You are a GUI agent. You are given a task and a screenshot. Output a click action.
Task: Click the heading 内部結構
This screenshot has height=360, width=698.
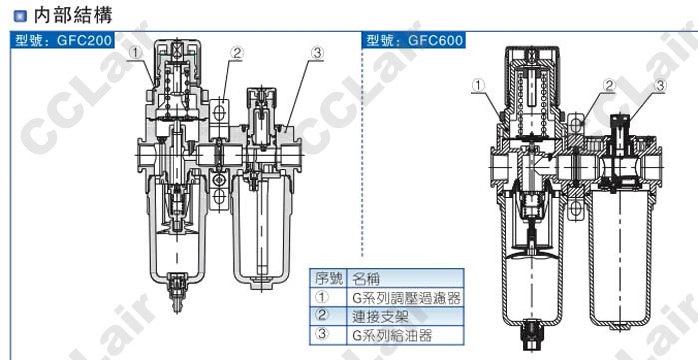[73, 15]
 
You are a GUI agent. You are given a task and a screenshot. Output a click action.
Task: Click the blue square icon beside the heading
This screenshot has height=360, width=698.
[20, 16]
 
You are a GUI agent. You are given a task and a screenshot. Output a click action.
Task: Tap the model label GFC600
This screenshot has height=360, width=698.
[436, 41]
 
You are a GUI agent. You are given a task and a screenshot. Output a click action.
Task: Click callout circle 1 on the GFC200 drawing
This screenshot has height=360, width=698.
[136, 53]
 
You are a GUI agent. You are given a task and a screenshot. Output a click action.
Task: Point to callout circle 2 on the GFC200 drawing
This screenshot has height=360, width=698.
[237, 53]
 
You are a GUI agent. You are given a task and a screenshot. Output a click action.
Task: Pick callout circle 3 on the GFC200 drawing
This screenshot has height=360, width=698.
[317, 53]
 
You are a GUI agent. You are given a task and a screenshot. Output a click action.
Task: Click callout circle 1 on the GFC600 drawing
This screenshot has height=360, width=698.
[478, 86]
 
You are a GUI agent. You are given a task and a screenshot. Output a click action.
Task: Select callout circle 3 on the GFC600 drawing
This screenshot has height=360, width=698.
[660, 86]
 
